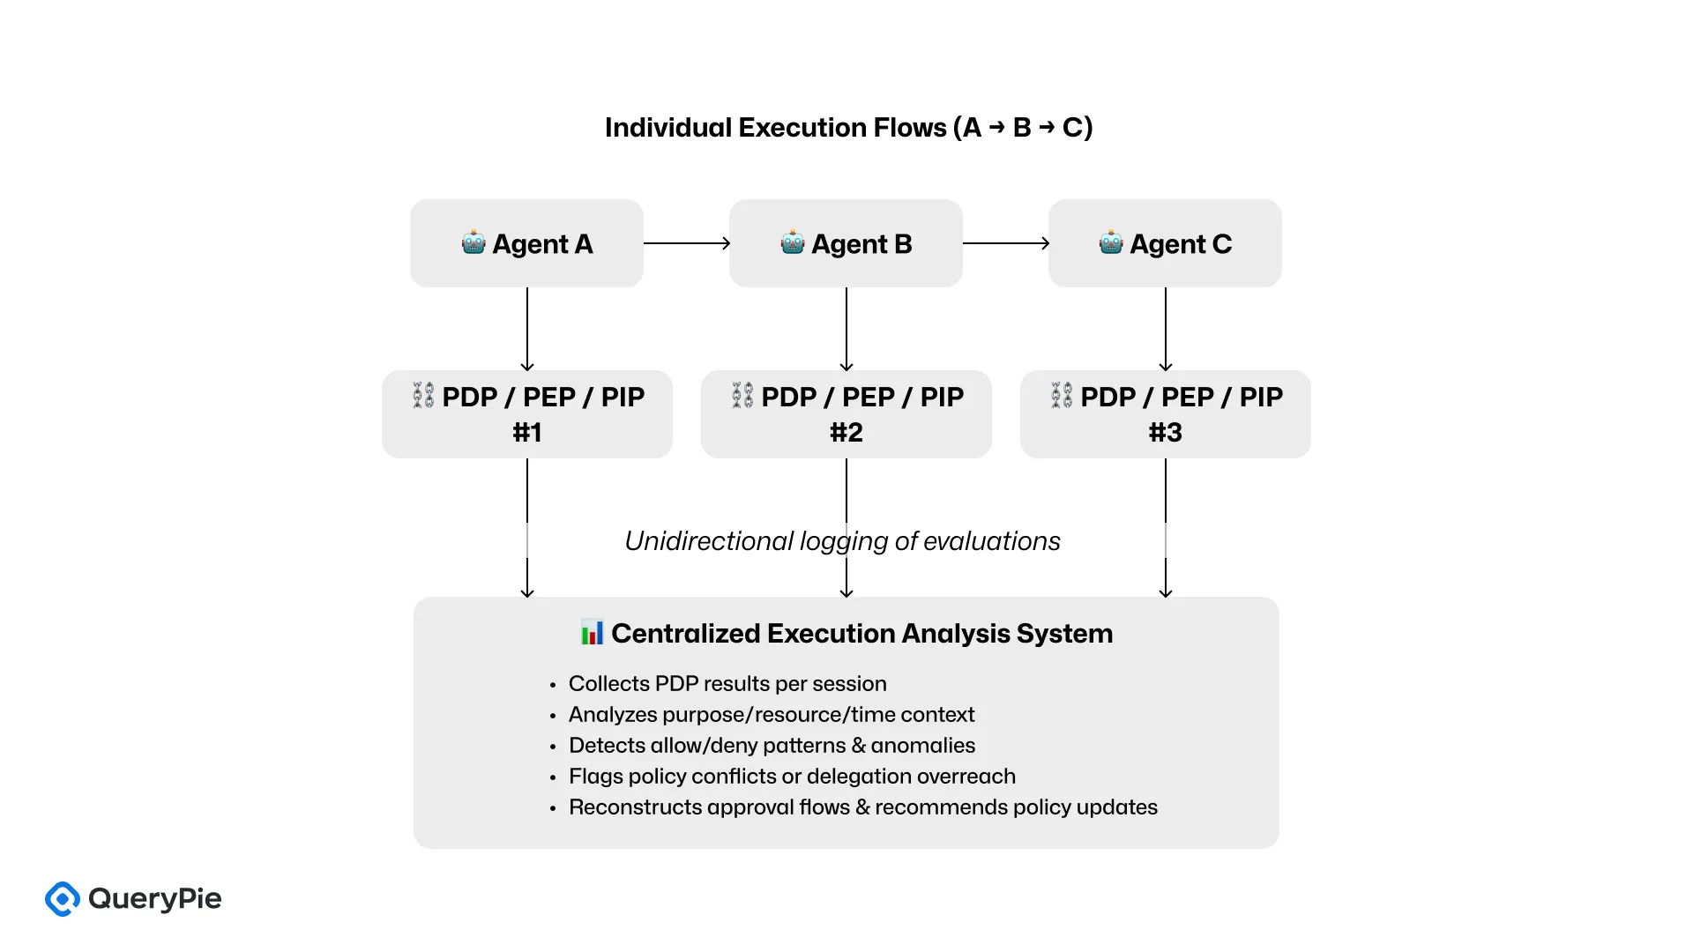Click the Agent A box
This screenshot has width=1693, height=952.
[x=526, y=243]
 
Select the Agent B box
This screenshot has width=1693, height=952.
[x=846, y=243]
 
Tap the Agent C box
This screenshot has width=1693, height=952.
[x=1165, y=243]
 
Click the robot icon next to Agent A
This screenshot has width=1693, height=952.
[x=474, y=242]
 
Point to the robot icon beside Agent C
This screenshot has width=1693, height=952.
[x=1111, y=242]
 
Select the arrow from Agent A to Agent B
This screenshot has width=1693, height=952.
[x=686, y=243]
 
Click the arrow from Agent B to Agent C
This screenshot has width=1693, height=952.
[x=1005, y=243]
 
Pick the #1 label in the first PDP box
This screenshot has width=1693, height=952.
[x=527, y=433]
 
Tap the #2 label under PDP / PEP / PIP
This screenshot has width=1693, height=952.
[x=846, y=433]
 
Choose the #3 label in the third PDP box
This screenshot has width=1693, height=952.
[x=1165, y=433]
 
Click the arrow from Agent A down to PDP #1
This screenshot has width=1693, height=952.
[x=527, y=329]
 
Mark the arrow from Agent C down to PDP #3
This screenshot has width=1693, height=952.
[x=1166, y=329]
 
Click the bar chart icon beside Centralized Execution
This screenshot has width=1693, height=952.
[x=593, y=633]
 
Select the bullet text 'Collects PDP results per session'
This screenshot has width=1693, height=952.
[x=727, y=684]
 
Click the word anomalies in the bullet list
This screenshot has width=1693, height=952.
[x=923, y=746]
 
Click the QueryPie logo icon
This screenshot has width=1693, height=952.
[x=63, y=899]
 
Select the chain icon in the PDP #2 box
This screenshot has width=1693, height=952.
[x=742, y=396]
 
